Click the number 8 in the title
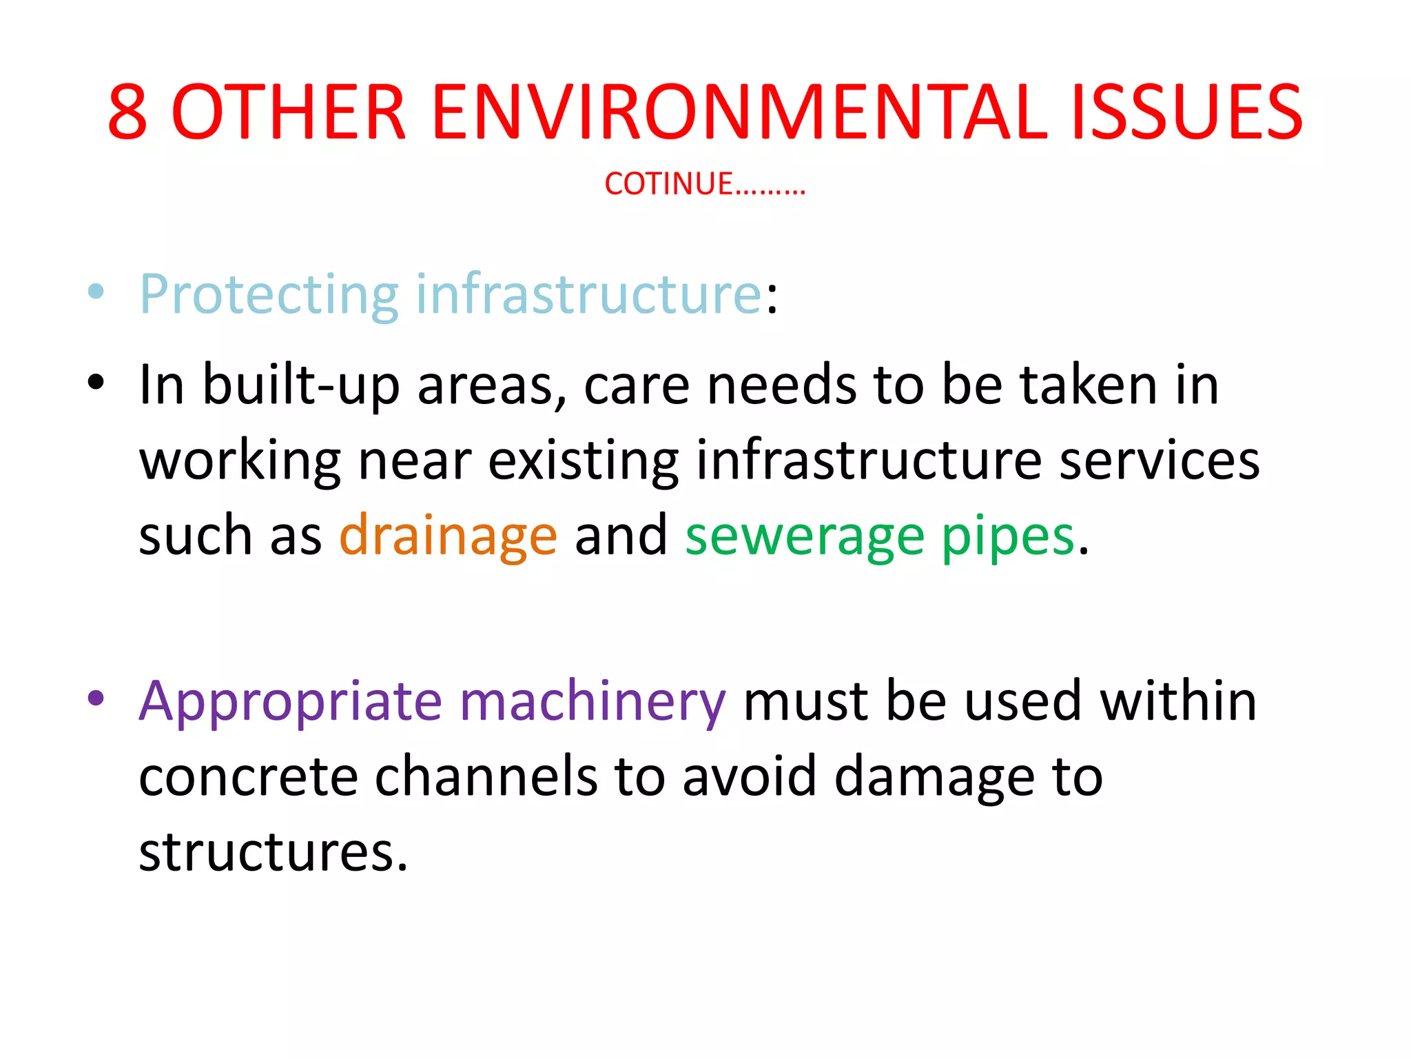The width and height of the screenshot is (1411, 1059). (128, 112)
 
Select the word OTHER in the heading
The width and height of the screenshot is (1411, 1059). (288, 112)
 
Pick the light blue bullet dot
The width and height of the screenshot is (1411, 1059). (96, 292)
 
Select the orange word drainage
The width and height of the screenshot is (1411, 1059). (448, 536)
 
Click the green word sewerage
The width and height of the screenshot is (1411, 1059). (804, 536)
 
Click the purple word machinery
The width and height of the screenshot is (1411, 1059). (593, 702)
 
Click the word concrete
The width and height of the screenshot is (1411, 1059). (248, 777)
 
